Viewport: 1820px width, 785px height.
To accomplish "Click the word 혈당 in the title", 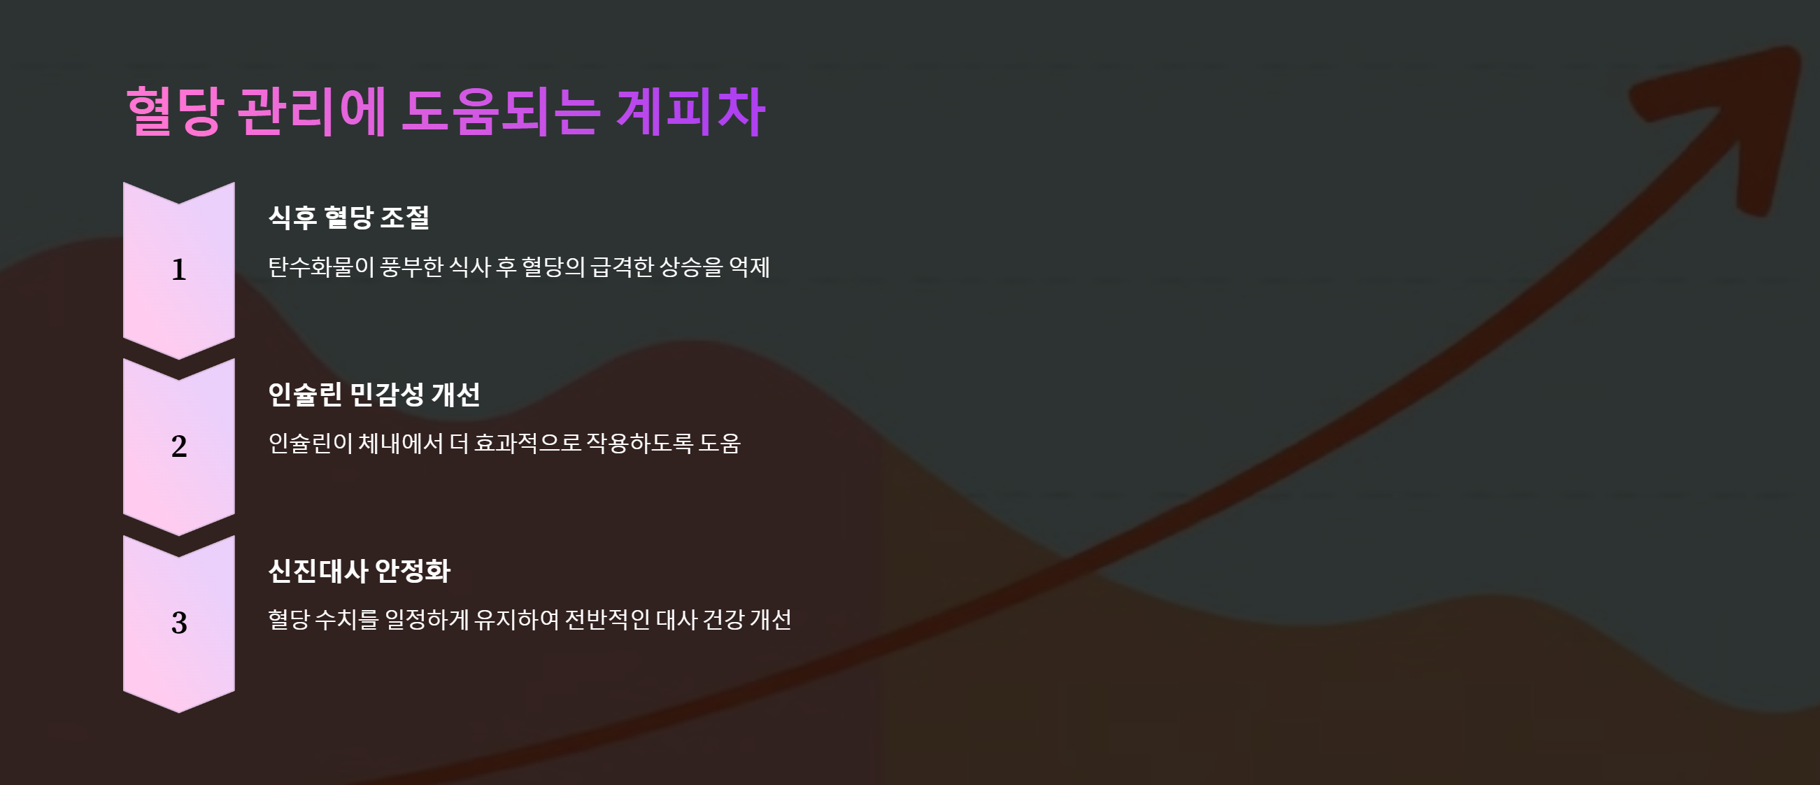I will [x=176, y=111].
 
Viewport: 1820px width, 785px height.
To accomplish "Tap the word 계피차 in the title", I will [x=690, y=111].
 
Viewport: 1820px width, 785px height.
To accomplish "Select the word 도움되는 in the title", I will [x=500, y=111].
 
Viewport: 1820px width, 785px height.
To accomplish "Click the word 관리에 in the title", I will [x=311, y=111].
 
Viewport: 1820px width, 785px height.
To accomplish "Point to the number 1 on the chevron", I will [x=179, y=270].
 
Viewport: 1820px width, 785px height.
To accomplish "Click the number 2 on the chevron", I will [x=179, y=446].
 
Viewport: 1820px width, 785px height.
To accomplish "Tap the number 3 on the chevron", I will [x=179, y=623].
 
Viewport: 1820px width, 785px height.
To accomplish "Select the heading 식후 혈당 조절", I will [x=349, y=217].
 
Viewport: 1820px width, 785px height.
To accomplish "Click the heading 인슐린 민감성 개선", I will [x=374, y=394].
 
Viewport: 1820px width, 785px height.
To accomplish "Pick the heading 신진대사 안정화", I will [x=359, y=570].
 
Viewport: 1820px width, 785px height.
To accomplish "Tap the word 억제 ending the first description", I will [x=749, y=267].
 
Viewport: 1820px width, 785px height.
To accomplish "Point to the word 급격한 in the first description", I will [x=622, y=267].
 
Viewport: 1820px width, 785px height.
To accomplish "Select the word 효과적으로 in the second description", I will [x=527, y=444].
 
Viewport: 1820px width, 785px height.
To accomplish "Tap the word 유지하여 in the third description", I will [x=516, y=620].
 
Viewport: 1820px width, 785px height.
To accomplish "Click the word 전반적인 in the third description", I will [x=607, y=620].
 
